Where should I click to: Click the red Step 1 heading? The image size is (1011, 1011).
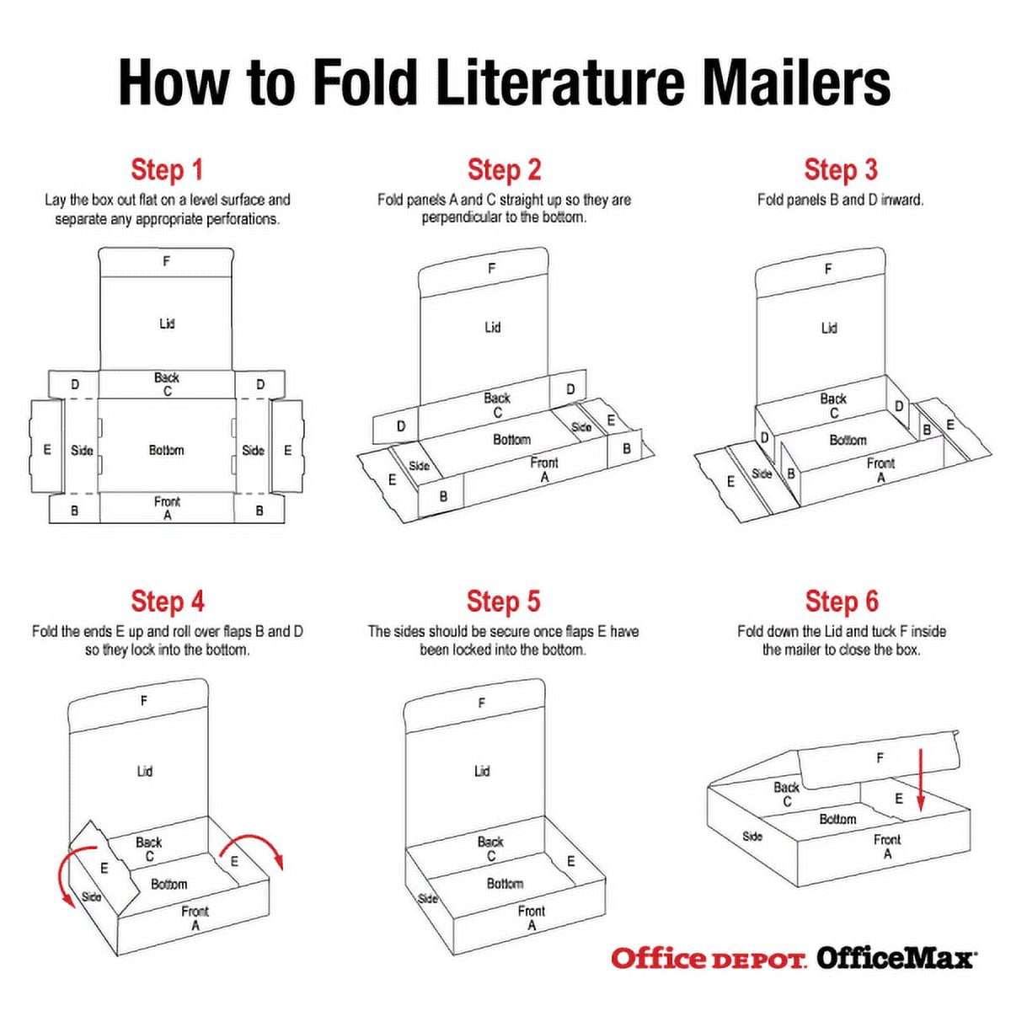click(x=167, y=169)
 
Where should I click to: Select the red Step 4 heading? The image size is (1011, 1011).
click(x=167, y=602)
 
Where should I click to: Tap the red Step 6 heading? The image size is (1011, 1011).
click(x=841, y=602)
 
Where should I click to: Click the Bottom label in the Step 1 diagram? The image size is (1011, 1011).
click(x=166, y=451)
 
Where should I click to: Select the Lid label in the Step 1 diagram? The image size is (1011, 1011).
click(x=167, y=324)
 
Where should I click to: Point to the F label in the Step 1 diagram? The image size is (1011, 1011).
click(x=166, y=261)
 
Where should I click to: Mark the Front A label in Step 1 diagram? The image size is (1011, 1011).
click(x=167, y=508)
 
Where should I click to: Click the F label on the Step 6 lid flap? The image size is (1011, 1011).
click(x=880, y=758)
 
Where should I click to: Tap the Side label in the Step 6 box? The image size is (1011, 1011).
click(x=752, y=837)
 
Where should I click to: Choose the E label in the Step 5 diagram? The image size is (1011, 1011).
click(x=570, y=861)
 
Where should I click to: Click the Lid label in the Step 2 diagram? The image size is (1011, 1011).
click(x=492, y=327)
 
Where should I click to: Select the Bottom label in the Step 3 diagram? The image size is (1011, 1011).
click(x=848, y=440)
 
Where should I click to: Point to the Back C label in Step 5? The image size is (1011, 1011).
click(x=489, y=848)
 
